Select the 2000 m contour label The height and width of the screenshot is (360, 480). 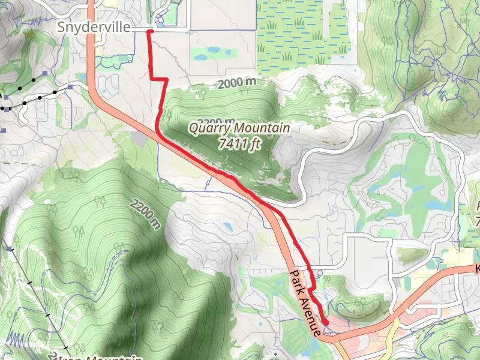[x=238, y=84]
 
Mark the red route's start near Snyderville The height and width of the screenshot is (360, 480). [x=149, y=31]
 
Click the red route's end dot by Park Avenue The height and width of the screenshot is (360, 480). [x=325, y=322]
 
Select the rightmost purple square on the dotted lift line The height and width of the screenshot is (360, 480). [x=71, y=88]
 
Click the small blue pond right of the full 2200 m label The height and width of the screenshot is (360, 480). [x=229, y=227]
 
